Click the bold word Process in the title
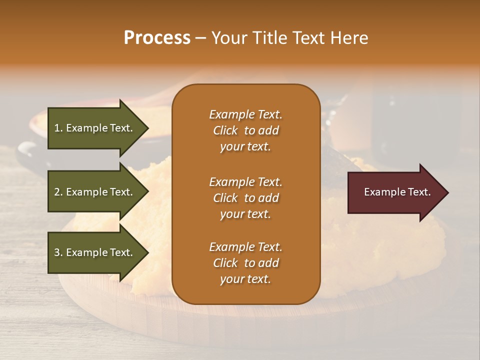coord(157,38)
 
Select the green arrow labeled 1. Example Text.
coord(95,128)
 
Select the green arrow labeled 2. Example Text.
coord(95,192)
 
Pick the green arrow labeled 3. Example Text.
coord(95,252)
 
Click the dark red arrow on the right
coord(395,192)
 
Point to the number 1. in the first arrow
coord(58,128)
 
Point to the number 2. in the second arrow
coord(58,192)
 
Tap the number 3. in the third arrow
coord(58,252)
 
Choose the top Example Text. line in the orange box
coord(245,114)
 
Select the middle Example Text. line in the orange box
coord(245,182)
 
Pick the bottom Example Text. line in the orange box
coord(245,247)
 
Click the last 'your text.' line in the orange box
coord(245,279)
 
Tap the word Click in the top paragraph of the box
coord(225,130)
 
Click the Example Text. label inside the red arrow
coord(397,192)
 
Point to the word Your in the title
coord(229,38)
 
